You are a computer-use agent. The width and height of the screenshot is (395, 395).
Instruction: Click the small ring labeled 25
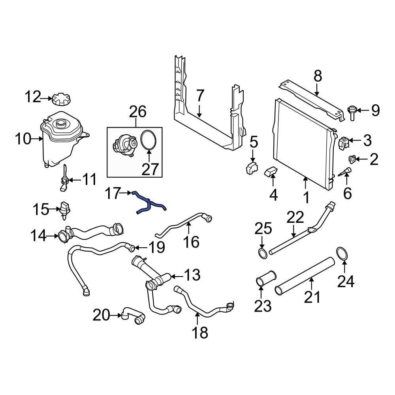pyautogui.click(x=262, y=253)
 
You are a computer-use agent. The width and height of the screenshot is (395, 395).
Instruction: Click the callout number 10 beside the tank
pyautogui.click(x=23, y=139)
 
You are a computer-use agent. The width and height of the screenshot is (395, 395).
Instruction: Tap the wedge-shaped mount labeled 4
pyautogui.click(x=271, y=172)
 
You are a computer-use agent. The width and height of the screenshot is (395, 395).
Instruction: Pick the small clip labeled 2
pyautogui.click(x=351, y=159)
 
